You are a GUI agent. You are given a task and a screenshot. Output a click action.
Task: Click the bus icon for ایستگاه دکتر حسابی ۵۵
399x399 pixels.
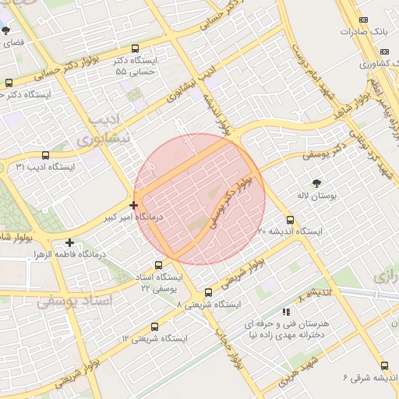point(136,48)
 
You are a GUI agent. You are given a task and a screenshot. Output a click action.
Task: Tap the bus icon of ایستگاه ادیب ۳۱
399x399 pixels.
point(45,155)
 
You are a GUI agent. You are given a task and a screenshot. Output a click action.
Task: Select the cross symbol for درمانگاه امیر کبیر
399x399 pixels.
point(134,206)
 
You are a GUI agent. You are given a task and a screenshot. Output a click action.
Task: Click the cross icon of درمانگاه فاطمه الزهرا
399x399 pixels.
point(70,242)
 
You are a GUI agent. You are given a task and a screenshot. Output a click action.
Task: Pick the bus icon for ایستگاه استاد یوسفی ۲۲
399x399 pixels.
point(160,265)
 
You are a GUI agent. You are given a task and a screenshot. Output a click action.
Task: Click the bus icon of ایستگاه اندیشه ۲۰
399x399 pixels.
point(291,220)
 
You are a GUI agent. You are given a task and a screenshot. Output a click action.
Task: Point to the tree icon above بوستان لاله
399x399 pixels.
point(316,183)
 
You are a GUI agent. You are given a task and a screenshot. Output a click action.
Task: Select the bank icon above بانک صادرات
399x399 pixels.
point(362,19)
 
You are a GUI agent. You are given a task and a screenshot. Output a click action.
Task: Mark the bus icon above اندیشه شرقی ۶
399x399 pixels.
point(384,365)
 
